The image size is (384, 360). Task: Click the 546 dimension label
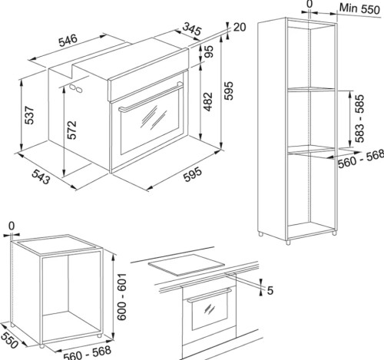point(68,41)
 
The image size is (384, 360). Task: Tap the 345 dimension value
point(192,29)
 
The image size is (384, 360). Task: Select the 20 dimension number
point(240,27)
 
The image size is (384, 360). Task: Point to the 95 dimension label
point(208,51)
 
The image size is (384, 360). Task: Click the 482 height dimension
point(208,101)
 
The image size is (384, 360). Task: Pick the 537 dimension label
point(29,115)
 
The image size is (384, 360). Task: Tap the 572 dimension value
point(72,130)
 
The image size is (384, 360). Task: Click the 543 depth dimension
point(41,177)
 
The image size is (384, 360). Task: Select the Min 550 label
point(359,9)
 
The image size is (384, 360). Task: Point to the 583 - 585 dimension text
point(359,118)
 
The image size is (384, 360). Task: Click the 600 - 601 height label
point(122,296)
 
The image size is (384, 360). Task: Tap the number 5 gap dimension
point(270,290)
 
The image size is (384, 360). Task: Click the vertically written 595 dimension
point(228,91)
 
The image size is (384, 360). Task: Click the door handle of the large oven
point(151,97)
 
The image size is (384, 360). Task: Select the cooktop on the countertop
point(187,265)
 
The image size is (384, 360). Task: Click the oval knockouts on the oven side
point(76,88)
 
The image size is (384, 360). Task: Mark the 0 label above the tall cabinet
point(310,4)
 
